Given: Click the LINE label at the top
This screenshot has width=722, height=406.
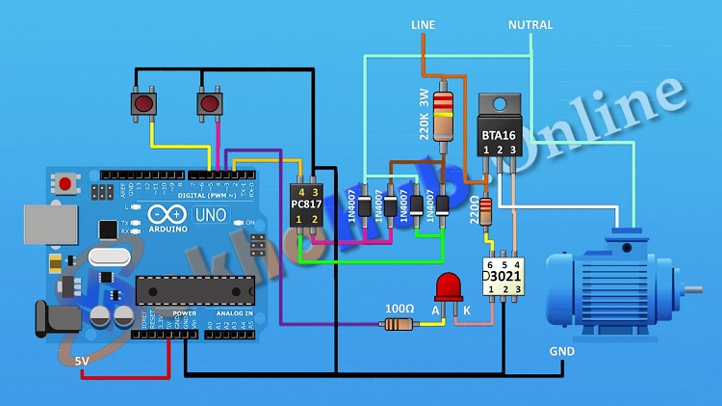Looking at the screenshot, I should point(424,24).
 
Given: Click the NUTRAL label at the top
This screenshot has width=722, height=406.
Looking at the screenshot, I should point(530,24).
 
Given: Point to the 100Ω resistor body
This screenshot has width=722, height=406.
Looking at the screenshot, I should point(399,325).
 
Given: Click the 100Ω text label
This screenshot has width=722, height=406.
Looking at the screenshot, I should point(398,308).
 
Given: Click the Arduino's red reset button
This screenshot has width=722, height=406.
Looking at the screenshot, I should point(65,182).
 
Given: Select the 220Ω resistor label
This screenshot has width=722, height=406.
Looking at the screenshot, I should point(473,210).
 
